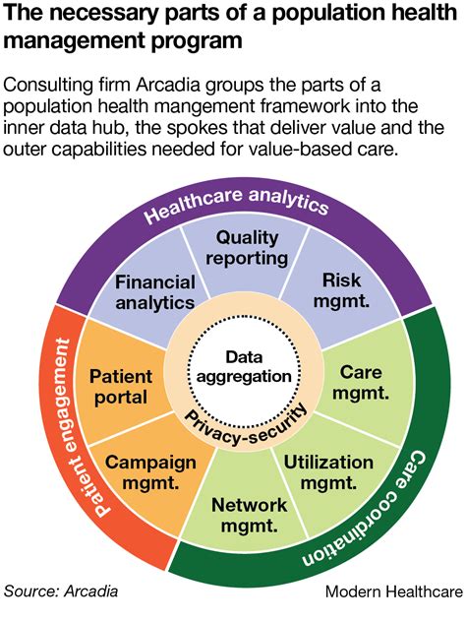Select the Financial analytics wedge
tap(154, 292)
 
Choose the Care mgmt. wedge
tap(360, 384)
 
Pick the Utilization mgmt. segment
tap(327, 472)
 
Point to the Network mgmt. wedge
tap(250, 516)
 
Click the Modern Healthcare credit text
tap(392, 592)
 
